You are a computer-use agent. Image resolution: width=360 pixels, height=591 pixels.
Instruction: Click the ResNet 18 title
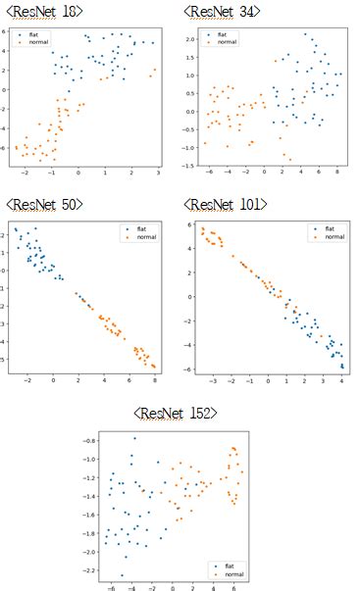coord(44,10)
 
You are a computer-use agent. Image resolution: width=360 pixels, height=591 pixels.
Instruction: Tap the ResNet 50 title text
coord(44,204)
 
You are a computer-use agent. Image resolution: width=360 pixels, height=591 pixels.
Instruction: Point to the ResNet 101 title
coord(224,204)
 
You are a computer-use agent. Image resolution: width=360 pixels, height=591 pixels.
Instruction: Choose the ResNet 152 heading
coord(179,413)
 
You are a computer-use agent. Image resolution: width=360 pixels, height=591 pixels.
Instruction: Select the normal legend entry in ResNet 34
coord(227,42)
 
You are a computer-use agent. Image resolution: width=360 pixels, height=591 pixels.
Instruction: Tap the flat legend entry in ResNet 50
coord(140,228)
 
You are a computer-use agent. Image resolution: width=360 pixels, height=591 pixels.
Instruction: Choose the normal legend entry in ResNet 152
coord(230,572)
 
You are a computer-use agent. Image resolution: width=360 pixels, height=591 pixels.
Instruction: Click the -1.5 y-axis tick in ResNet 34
coord(189,165)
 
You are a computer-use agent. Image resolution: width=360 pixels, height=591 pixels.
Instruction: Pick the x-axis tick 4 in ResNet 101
coord(341,376)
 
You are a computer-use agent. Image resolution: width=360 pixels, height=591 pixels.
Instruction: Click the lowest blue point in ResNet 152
coord(122,575)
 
